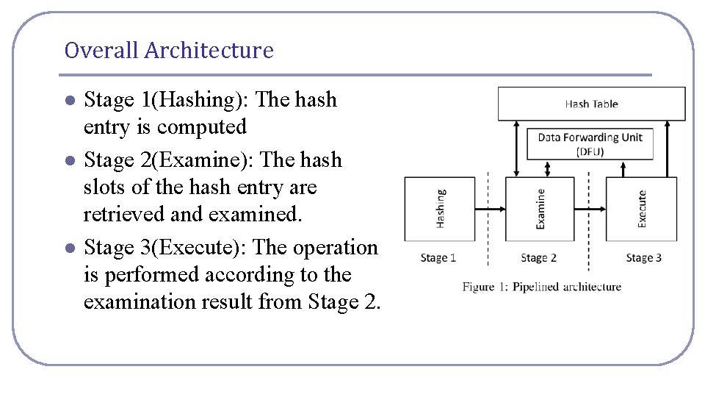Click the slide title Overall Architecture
[x=168, y=51]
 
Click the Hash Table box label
[x=591, y=104]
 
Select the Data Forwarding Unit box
[x=590, y=143]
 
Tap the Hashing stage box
[x=440, y=208]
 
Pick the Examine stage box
[x=540, y=208]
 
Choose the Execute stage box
[x=641, y=208]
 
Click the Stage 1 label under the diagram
[x=438, y=258]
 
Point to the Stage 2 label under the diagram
[x=538, y=258]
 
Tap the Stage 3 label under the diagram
[x=643, y=258]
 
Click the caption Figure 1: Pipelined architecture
[x=541, y=287]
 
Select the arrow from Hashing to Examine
[x=491, y=209]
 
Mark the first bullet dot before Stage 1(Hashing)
[x=69, y=100]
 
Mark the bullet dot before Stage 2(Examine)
[x=69, y=160]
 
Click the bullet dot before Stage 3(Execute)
[x=69, y=248]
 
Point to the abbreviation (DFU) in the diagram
[x=590, y=151]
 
